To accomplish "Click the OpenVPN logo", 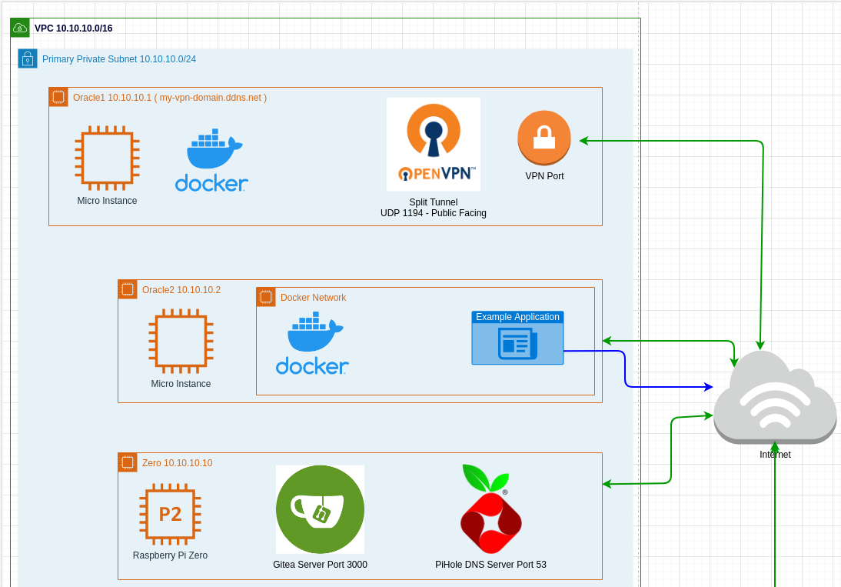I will coord(433,144).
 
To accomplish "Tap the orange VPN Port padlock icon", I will coord(544,138).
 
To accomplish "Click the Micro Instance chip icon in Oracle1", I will coord(107,158).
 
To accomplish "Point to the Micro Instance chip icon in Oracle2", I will coord(181,341).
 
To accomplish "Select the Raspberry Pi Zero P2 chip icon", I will coord(170,514).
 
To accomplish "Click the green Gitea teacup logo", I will coord(320,509).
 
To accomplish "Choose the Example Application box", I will coord(517,338).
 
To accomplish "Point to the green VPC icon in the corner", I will coord(20,28).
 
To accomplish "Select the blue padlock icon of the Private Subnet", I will coord(28,58).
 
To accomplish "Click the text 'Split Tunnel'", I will coord(433,202).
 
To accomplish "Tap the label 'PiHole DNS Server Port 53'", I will coord(490,565).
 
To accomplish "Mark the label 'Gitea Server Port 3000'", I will coord(320,565).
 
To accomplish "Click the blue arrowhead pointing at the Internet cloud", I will coord(709,386).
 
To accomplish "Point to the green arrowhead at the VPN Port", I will coord(583,141).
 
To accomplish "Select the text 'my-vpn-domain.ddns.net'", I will coord(211,98).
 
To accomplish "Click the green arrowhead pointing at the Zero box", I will coord(607,484).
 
